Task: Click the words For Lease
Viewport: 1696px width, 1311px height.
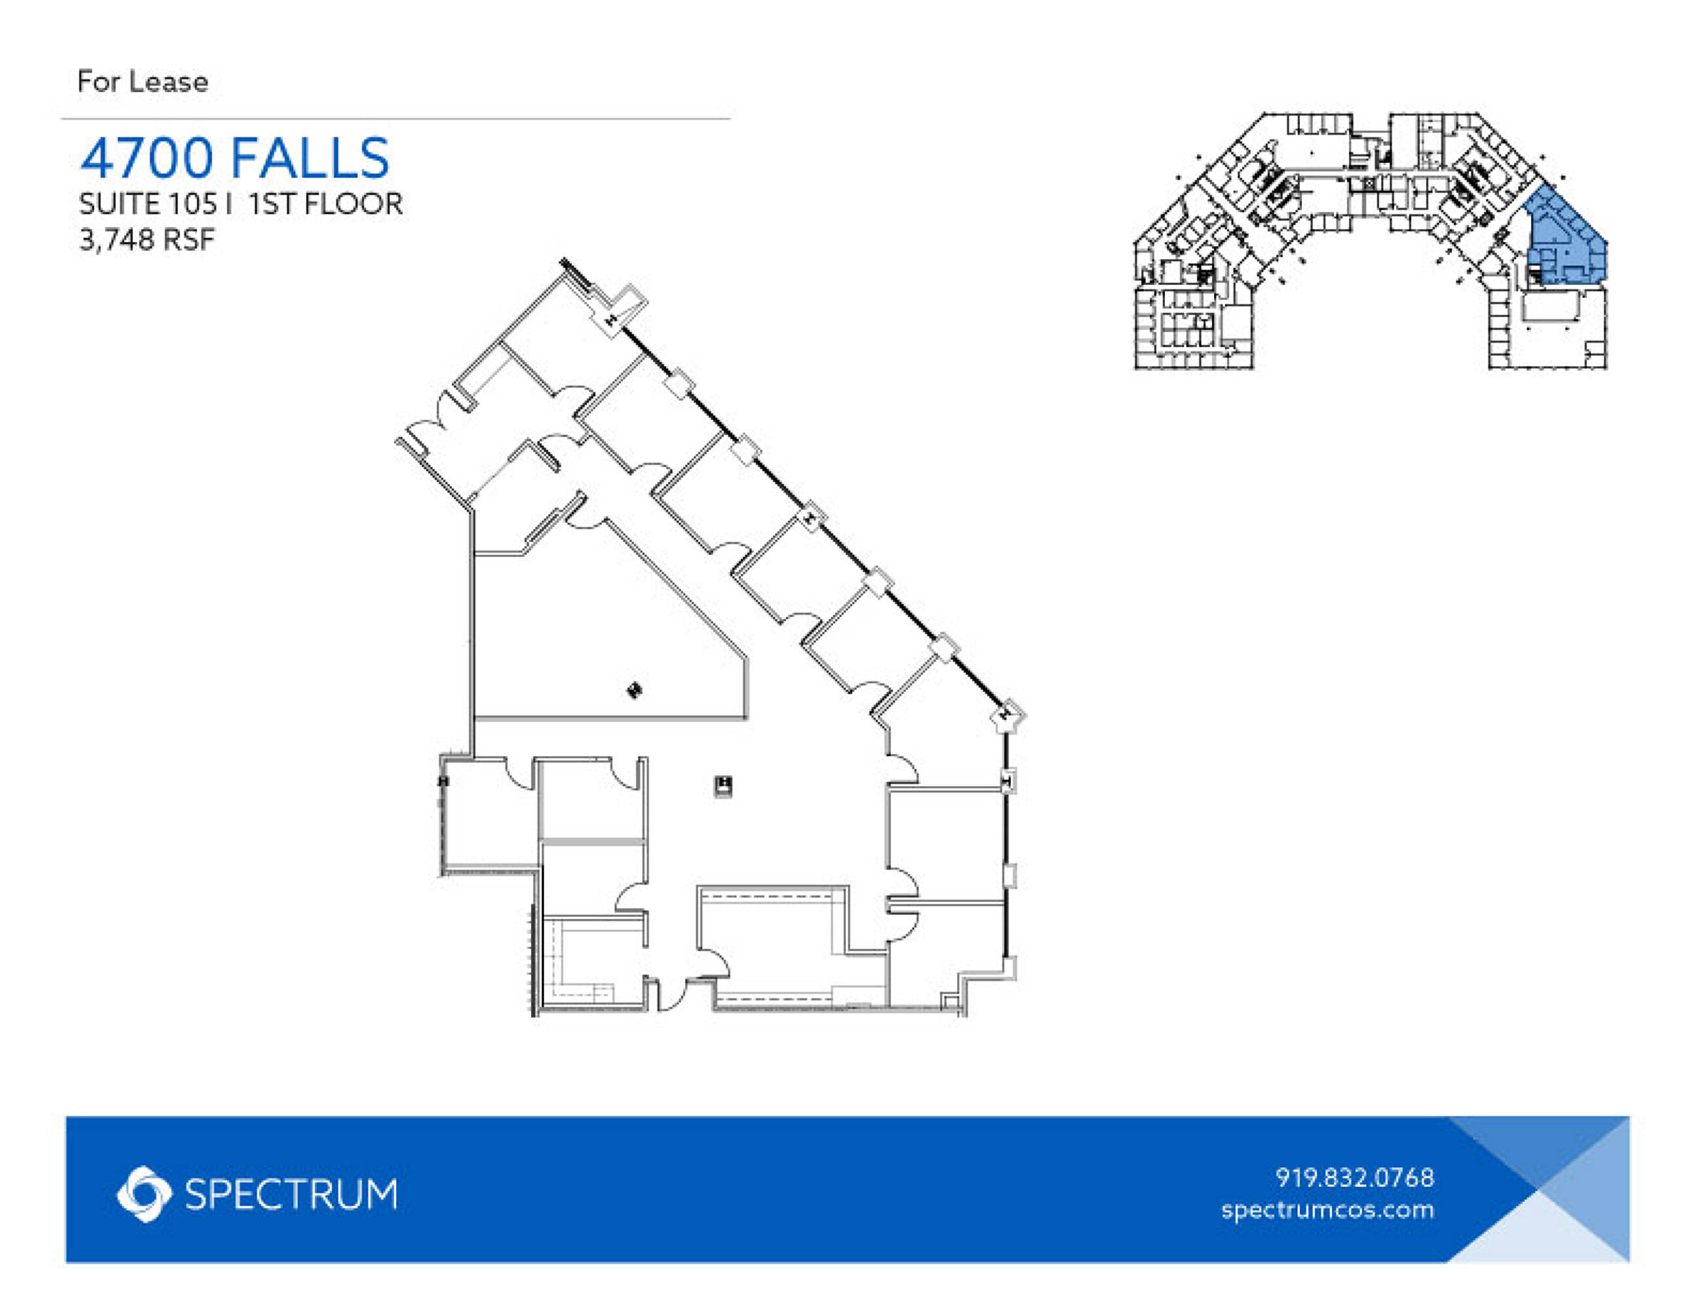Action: point(143,81)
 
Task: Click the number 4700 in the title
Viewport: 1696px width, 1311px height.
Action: point(147,158)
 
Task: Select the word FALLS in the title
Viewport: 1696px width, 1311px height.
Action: point(311,158)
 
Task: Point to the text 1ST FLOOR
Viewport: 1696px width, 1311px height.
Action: point(326,205)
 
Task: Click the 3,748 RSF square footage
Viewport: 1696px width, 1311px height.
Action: point(147,240)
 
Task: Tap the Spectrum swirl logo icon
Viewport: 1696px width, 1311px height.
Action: point(144,1194)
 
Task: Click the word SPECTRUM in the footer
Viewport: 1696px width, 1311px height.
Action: point(291,1194)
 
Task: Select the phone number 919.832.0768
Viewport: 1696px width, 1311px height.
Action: point(1355,1177)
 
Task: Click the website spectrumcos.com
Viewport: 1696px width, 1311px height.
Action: point(1328,1210)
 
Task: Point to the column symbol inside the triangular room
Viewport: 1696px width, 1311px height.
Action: point(634,690)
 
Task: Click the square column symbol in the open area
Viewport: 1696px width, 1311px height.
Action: point(723,786)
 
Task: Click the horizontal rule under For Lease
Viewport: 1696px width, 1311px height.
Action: point(396,119)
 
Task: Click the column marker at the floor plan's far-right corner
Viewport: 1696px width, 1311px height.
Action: point(1008,716)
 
